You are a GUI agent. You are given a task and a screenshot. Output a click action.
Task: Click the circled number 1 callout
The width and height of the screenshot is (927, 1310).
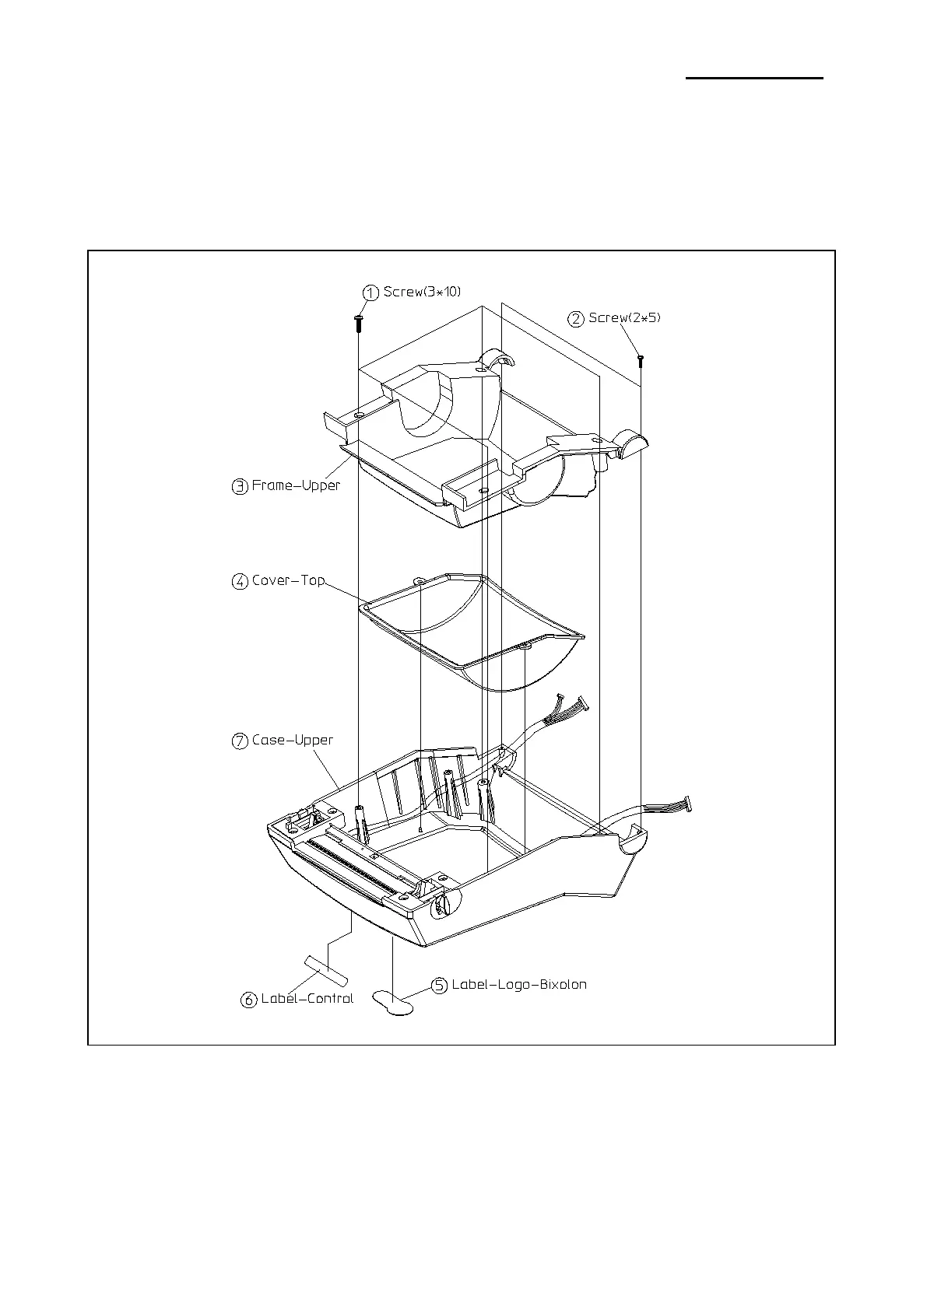click(372, 292)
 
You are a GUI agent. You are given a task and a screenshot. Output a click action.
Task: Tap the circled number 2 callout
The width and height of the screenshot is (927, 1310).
click(576, 319)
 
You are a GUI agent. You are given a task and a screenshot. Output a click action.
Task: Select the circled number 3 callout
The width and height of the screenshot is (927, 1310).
click(240, 487)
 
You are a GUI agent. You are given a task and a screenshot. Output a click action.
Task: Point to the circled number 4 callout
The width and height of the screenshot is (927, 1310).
click(240, 581)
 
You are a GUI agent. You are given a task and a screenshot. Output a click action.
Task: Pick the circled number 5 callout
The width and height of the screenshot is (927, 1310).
click(440, 986)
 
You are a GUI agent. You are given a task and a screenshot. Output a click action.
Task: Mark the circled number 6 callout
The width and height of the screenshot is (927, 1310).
click(249, 1000)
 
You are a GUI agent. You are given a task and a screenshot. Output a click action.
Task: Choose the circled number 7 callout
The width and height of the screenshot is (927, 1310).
click(240, 741)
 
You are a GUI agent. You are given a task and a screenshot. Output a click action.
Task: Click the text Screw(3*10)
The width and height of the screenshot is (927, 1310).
click(423, 292)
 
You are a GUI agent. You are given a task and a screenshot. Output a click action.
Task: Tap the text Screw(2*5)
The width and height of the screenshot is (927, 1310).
click(624, 317)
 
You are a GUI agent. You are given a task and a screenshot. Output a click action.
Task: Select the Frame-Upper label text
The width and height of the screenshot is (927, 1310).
click(296, 485)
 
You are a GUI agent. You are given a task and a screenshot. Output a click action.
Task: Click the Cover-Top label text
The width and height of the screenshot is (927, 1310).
click(288, 580)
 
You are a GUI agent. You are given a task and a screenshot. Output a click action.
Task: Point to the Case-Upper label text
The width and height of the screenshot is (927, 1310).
click(292, 740)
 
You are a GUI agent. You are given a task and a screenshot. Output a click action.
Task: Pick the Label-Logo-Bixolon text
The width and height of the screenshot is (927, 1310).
click(519, 984)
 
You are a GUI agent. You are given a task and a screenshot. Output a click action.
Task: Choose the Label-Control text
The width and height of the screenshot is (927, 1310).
click(307, 998)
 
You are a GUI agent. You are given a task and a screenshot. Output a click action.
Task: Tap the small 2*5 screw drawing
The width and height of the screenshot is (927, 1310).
click(641, 360)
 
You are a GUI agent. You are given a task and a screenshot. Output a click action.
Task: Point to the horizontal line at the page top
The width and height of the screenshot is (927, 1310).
click(753, 78)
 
